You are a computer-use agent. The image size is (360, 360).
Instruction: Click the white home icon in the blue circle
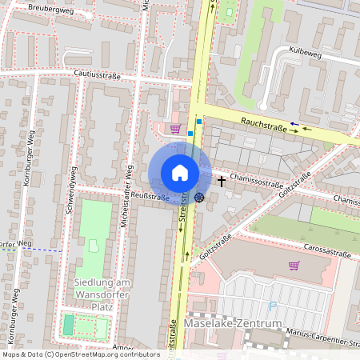(180, 173)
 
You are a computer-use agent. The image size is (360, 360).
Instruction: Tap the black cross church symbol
(222, 182)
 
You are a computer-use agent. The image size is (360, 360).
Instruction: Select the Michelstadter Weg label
(127, 197)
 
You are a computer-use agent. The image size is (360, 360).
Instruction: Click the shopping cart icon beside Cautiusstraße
(175, 127)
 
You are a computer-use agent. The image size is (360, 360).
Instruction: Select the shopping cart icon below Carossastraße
(293, 266)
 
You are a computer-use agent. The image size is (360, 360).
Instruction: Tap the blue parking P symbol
(274, 305)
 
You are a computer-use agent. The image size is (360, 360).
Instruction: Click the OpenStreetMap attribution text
(80, 354)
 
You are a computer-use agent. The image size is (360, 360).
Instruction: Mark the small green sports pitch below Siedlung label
(69, 325)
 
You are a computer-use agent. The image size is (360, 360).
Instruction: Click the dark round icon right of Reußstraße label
(198, 197)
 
